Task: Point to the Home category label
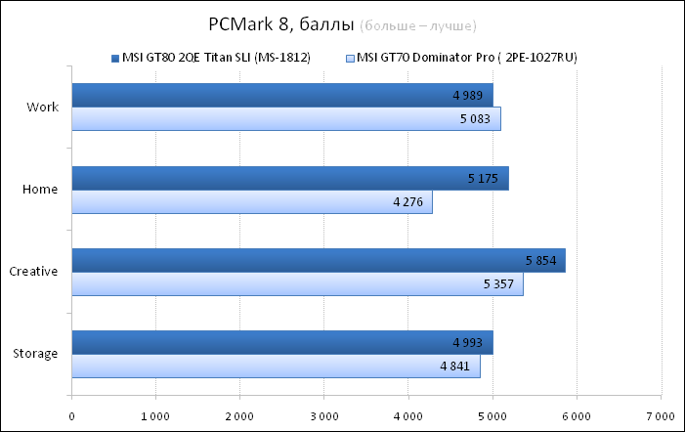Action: click(x=41, y=190)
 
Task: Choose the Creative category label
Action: click(x=33, y=272)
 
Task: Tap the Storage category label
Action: click(x=36, y=354)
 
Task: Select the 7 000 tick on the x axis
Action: click(x=661, y=415)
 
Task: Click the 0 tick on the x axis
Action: click(x=71, y=415)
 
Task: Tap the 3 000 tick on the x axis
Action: click(x=323, y=415)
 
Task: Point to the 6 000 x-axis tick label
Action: click(x=576, y=415)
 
